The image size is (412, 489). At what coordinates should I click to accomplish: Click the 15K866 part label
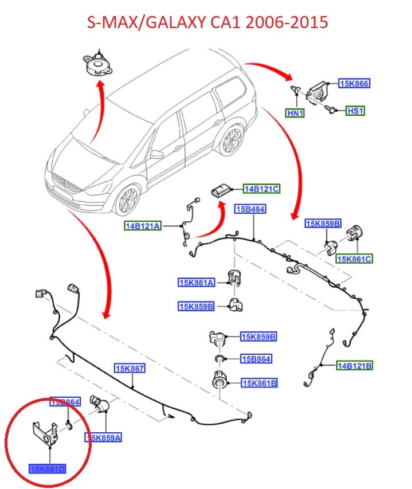coord(354,84)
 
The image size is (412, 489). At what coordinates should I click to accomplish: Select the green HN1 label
coord(295,114)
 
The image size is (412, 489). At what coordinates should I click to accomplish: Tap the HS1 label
coord(355,110)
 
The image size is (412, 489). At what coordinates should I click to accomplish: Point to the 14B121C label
coord(261,189)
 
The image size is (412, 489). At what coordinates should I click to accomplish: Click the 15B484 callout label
coord(250,209)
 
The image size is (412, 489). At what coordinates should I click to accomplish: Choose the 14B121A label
coord(142,226)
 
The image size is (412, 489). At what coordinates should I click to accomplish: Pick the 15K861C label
coord(355,259)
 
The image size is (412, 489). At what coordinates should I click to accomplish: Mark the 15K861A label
coord(197,282)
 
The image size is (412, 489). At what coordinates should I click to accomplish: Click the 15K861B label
coord(260,383)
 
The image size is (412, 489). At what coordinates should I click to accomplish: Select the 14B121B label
coord(354,365)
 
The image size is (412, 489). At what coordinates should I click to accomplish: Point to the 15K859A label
coord(104,438)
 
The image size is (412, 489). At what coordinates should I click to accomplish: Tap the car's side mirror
coord(157,154)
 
